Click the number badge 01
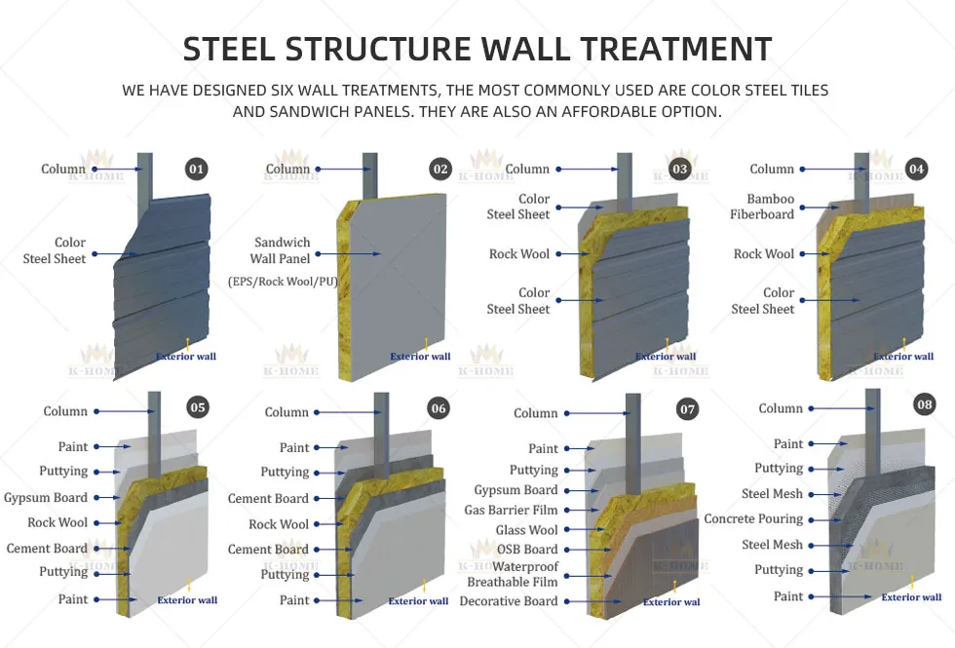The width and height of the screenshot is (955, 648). click(197, 170)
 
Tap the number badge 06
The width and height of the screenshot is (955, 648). click(439, 408)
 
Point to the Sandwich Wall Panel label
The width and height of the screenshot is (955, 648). click(281, 250)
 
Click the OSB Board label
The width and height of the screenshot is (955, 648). click(527, 550)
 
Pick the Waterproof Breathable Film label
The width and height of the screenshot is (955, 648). click(512, 574)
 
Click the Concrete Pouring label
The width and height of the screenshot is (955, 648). click(753, 519)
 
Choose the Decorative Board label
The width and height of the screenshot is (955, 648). click(509, 601)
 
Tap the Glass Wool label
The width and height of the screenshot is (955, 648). click(527, 530)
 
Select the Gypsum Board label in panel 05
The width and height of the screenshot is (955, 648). click(45, 497)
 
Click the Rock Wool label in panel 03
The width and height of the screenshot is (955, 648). click(519, 254)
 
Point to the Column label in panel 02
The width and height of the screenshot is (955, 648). click(287, 170)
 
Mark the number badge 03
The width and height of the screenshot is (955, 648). click(679, 170)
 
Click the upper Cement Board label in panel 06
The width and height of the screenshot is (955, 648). click(268, 498)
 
